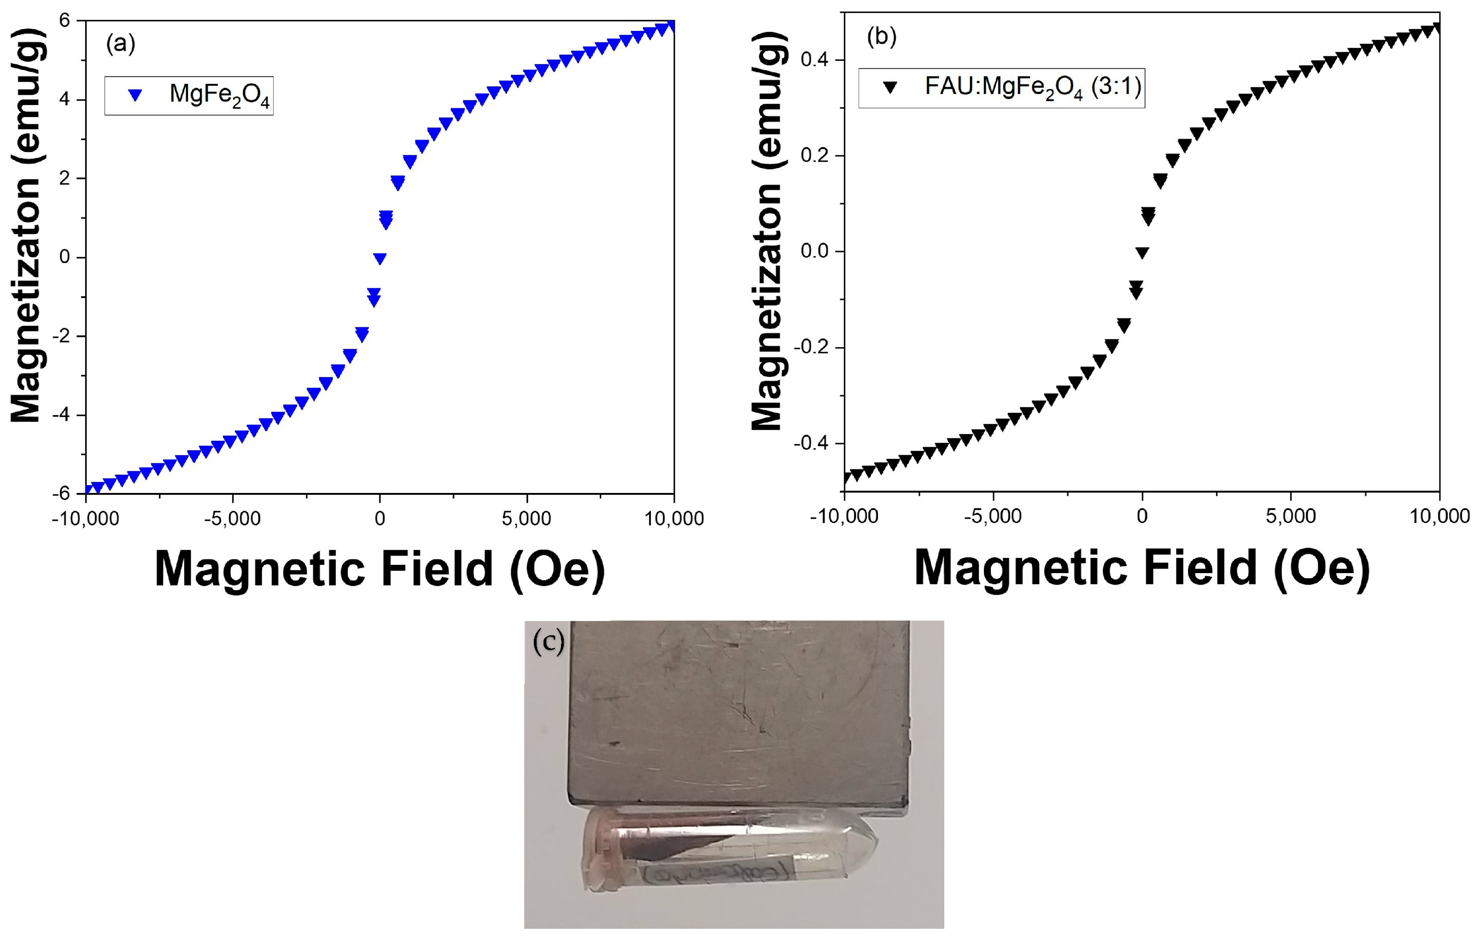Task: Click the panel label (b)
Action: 881,37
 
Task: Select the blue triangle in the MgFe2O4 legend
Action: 136,95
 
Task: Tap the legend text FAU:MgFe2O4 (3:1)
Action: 1033,87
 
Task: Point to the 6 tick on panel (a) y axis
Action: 64,21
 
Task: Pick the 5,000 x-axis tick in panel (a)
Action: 526,519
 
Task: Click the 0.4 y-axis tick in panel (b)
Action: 814,60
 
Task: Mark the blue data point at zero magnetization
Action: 380,259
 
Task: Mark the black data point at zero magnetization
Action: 1142,252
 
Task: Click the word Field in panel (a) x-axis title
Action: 437,569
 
